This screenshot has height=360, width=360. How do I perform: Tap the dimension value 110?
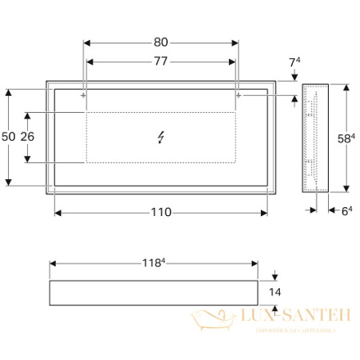point(162,213)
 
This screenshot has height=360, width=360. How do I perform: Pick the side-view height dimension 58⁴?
point(346,137)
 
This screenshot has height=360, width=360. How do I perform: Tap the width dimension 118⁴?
point(154,263)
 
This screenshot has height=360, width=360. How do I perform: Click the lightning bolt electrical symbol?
point(162,137)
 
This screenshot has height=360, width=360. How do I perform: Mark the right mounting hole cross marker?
point(238,95)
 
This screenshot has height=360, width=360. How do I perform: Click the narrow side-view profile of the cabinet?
point(315,138)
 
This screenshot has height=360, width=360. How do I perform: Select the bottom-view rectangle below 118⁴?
point(154,293)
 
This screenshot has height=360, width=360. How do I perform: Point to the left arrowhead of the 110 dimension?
point(58,213)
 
